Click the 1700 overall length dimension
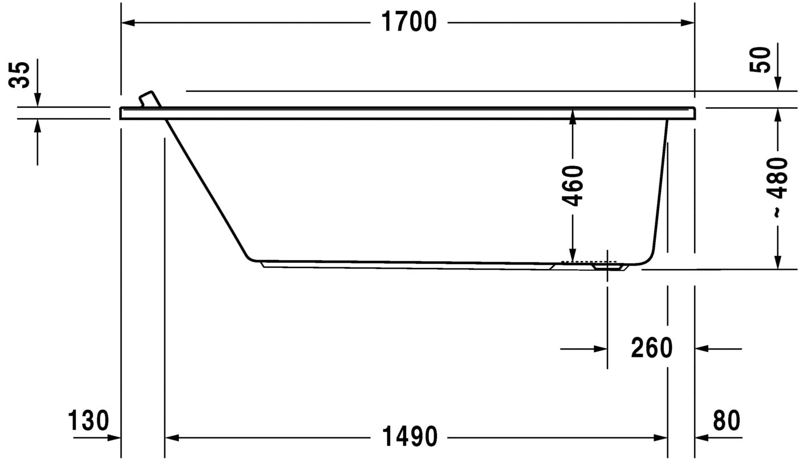point(408,22)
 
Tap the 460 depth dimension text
point(573,185)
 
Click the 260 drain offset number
point(651,348)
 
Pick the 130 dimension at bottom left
point(88,421)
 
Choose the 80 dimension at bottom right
point(726,421)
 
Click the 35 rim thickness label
point(21,74)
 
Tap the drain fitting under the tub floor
point(607,266)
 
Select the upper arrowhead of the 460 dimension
point(573,115)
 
